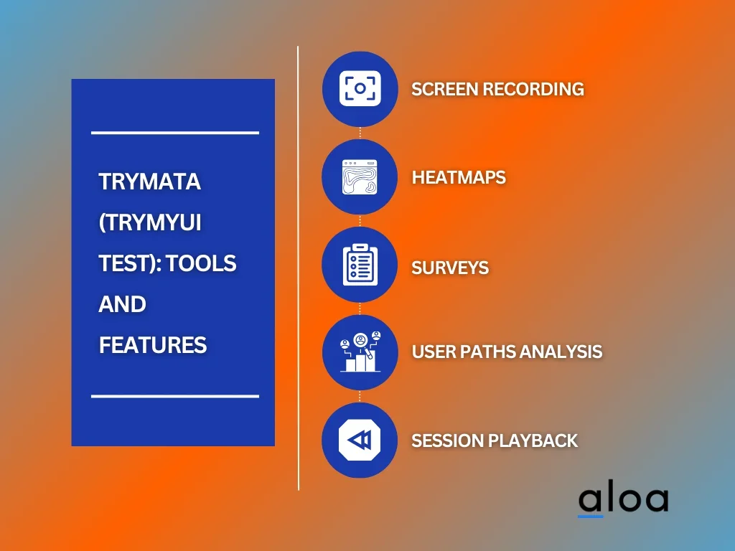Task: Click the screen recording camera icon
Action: [360, 88]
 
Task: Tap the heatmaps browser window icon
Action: [360, 177]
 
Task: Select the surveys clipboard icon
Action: [360, 265]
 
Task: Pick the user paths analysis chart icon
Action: [360, 352]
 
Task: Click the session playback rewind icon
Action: [360, 440]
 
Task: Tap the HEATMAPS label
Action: [459, 178]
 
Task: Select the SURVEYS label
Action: [450, 268]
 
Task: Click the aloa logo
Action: [623, 499]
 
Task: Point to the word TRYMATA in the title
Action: [149, 182]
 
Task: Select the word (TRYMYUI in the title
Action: [149, 222]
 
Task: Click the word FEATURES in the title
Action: [153, 345]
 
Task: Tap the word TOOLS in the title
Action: [201, 263]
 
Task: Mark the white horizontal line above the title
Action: [175, 133]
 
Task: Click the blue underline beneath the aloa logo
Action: [590, 517]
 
